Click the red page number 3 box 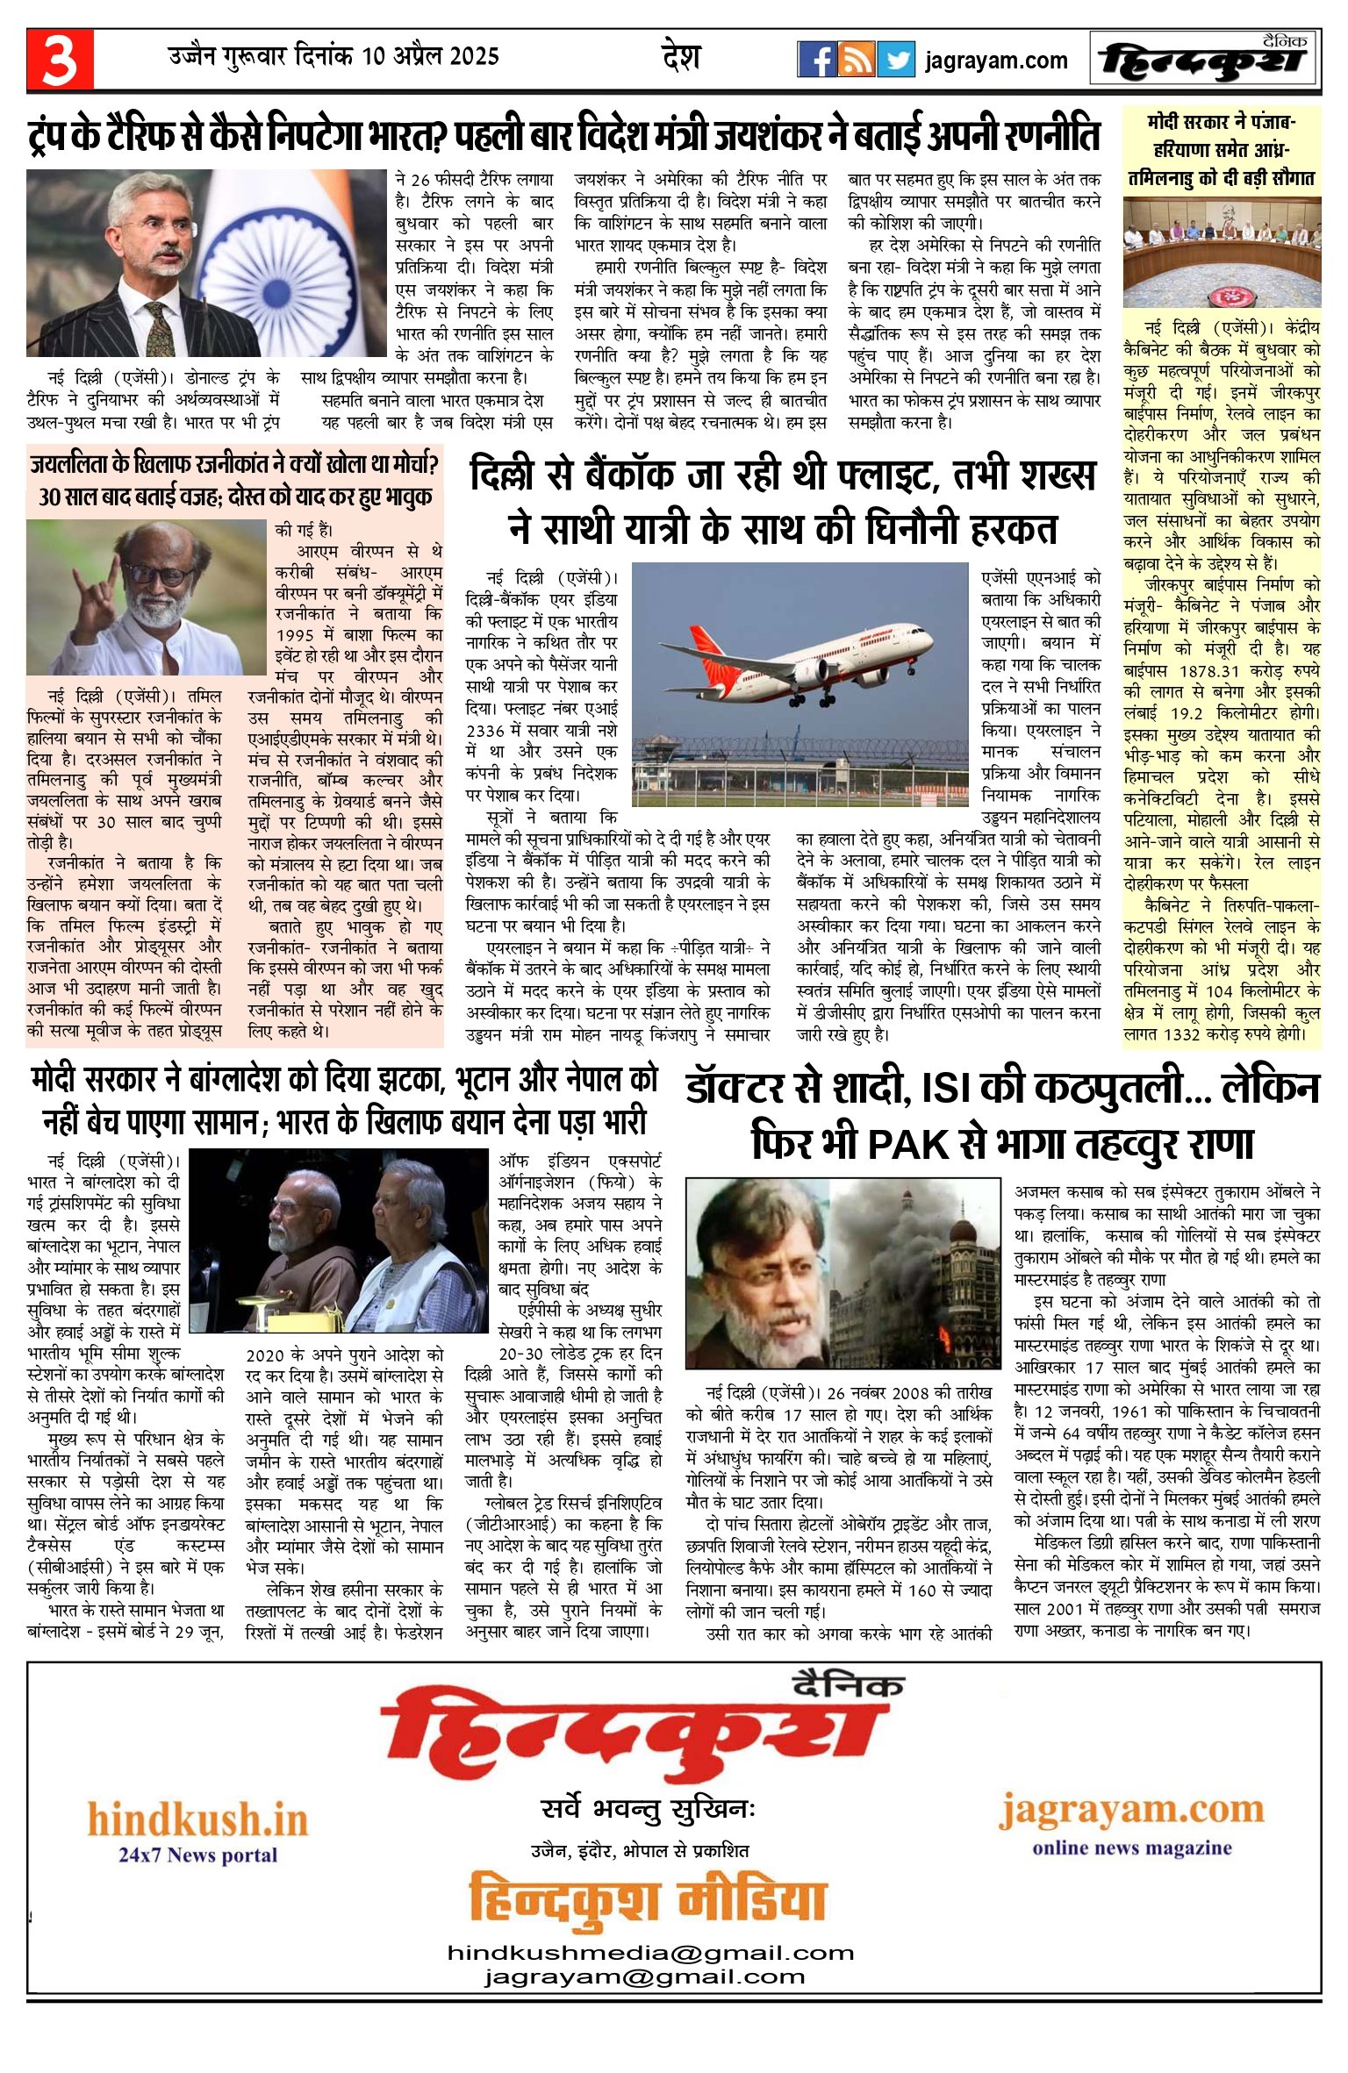point(60,60)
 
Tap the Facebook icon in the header point(816,60)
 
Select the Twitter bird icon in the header point(896,60)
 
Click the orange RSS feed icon point(856,60)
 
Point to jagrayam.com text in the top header point(996,61)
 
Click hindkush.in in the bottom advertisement point(197,1819)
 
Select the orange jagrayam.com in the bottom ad point(1131,1809)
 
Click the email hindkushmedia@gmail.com point(650,1953)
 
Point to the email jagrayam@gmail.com point(644,1976)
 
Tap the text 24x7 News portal point(197,1855)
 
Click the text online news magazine point(1131,1848)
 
